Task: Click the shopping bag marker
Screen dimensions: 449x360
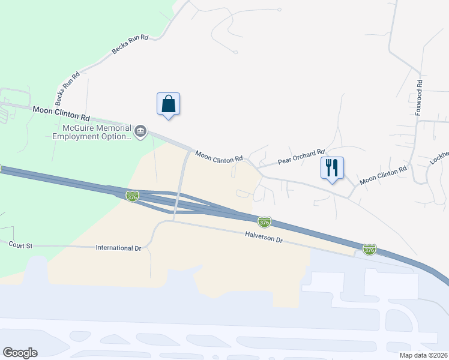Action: [x=169, y=104]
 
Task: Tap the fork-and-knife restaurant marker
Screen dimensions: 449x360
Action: [x=333, y=168]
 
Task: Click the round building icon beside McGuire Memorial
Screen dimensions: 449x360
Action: [x=141, y=131]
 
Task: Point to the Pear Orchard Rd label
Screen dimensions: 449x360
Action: [x=301, y=158]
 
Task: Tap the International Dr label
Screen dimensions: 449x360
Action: [x=118, y=247]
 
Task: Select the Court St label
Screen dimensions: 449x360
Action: [x=20, y=244]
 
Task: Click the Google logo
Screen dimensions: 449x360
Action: [x=20, y=353]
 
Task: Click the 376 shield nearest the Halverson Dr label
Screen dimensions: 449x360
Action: [x=264, y=223]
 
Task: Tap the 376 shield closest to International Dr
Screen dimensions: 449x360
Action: [x=133, y=196]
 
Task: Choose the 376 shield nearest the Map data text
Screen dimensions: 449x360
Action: [x=369, y=249]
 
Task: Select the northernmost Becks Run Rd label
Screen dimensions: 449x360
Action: [x=130, y=44]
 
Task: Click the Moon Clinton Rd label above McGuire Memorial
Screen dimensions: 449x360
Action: [x=61, y=110]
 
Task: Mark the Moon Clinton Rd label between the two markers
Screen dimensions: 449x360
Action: [x=219, y=157]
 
